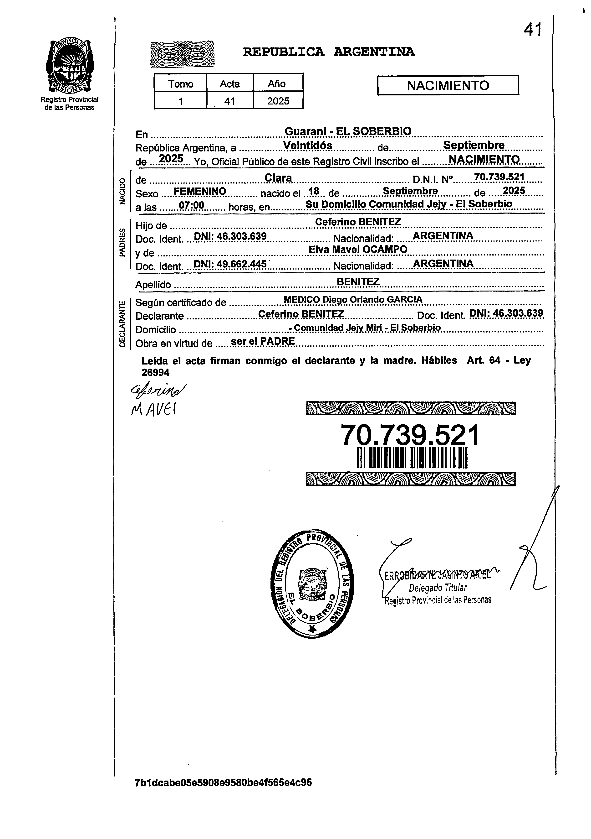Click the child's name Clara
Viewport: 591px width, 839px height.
pyautogui.click(x=278, y=178)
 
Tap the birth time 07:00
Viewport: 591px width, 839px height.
pyautogui.click(x=191, y=205)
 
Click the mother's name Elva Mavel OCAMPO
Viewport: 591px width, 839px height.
pyautogui.click(x=358, y=249)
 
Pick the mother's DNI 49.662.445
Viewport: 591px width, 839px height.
pyautogui.click(x=230, y=264)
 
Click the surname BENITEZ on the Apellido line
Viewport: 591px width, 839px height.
pyautogui.click(x=358, y=281)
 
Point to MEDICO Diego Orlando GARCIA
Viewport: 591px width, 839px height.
pyautogui.click(x=353, y=300)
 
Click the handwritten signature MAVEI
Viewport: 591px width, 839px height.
pyautogui.click(x=153, y=410)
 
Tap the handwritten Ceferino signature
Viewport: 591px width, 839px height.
pyautogui.click(x=157, y=391)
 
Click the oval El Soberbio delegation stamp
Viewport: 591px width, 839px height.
pyautogui.click(x=312, y=584)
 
